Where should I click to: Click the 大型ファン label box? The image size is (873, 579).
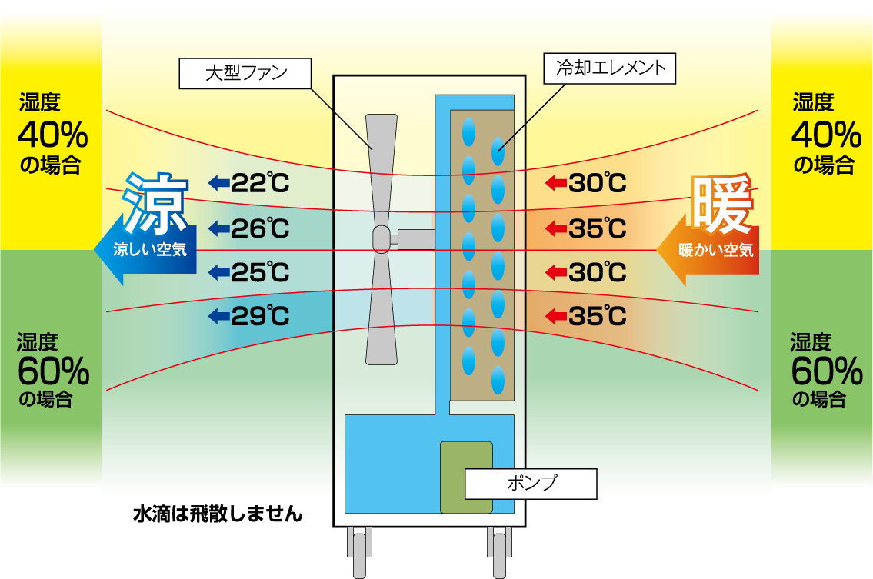245,73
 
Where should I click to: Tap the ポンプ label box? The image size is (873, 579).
531,484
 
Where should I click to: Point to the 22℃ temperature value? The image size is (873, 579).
260,184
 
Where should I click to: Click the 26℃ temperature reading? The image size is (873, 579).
260,228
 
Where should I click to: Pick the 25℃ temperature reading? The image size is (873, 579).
260,272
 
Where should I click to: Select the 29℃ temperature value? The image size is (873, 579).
260,316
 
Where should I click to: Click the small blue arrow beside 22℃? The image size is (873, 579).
219,183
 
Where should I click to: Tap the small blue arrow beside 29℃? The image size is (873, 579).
219,315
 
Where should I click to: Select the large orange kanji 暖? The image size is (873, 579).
721,205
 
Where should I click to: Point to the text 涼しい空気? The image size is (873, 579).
150,250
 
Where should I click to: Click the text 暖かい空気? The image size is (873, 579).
716,250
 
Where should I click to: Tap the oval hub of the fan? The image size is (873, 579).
382,240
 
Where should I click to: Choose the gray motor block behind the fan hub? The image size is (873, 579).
416,239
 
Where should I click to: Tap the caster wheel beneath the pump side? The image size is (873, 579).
500,551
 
